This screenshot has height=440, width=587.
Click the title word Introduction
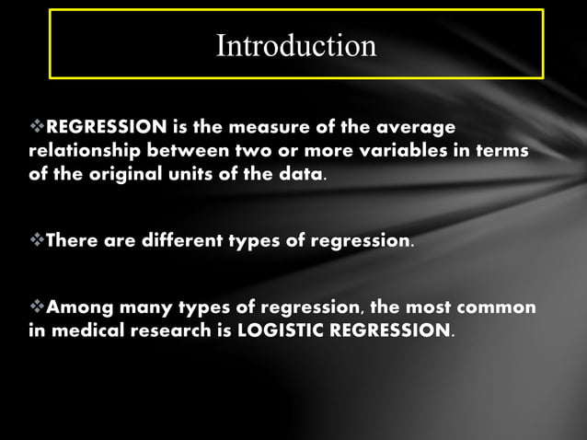tap(296, 45)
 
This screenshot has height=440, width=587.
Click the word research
tap(182, 330)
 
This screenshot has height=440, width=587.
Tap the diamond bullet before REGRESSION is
tap(38, 126)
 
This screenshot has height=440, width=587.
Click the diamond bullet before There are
tap(38, 241)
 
